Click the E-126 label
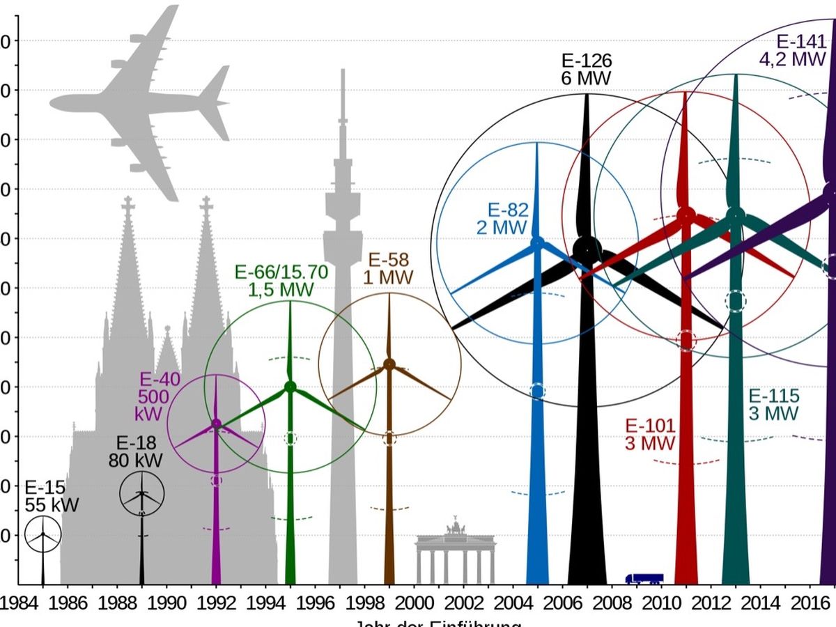click(587, 61)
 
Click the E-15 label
click(43, 488)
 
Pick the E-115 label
click(774, 396)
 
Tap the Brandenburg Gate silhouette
click(456, 554)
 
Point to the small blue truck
click(644, 578)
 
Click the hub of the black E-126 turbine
click(587, 249)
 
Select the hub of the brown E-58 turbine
click(389, 364)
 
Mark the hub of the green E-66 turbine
click(291, 387)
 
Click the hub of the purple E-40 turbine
click(216, 424)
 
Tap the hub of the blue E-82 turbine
click(537, 242)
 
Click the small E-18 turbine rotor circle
click(142, 494)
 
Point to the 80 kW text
click(135, 460)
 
